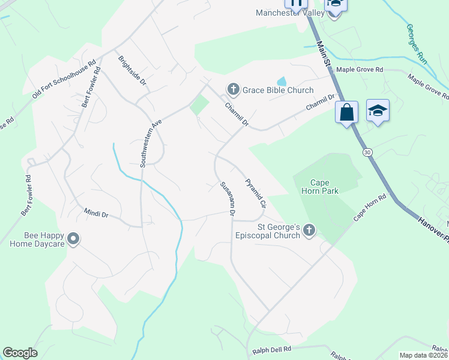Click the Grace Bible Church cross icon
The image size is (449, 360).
point(234,90)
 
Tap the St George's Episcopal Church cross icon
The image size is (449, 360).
point(309,231)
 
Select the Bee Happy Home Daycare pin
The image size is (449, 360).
point(73,239)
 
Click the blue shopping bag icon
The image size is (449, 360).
point(347,113)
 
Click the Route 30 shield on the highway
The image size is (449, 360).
point(367,153)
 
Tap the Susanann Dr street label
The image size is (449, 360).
point(227,199)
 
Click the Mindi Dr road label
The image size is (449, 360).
point(96,214)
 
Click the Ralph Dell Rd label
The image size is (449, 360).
point(271,349)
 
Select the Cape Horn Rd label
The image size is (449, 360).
point(369,208)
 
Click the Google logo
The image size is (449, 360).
point(20,353)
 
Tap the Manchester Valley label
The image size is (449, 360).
point(286,13)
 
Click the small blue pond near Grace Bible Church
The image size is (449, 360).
point(281,81)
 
